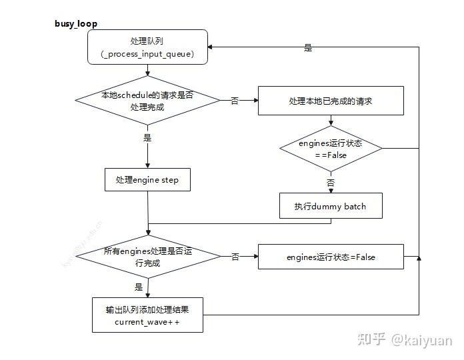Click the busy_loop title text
tap(76, 24)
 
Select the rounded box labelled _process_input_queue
tap(147, 48)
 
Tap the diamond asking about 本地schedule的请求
tap(147, 101)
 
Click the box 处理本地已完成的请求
tap(331, 101)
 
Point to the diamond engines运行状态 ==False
tap(331, 149)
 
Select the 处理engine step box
tap(147, 180)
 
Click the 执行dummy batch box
tap(331, 206)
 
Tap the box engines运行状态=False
tap(331, 257)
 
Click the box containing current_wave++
tap(147, 315)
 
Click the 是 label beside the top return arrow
tap(308, 48)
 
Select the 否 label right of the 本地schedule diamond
tap(235, 101)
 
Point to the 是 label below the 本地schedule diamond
tap(147, 138)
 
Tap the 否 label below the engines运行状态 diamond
tap(331, 182)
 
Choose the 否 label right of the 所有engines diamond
tap(235, 257)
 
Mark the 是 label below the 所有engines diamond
tap(139, 287)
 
